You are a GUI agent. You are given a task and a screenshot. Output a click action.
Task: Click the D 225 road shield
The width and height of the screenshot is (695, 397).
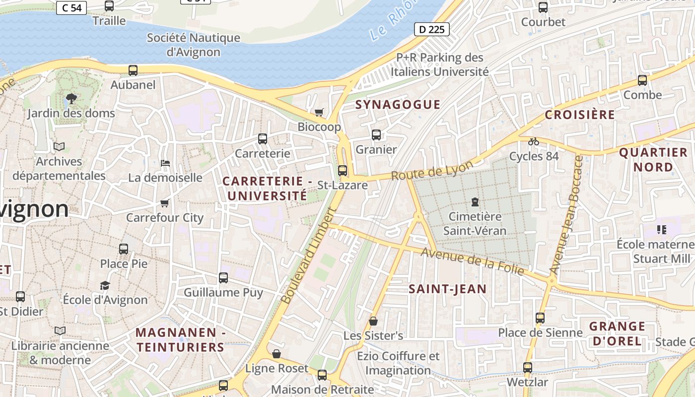pyautogui.click(x=431, y=29)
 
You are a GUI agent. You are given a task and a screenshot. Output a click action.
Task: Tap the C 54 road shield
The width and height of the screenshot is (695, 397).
pyautogui.click(x=71, y=7)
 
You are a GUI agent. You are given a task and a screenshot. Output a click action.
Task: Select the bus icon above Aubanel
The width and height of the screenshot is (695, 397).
pyautogui.click(x=133, y=70)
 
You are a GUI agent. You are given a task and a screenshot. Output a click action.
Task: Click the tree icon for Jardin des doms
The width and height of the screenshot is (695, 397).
pyautogui.click(x=71, y=98)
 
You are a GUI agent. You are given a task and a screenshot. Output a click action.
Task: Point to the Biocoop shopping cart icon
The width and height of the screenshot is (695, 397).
pyautogui.click(x=319, y=112)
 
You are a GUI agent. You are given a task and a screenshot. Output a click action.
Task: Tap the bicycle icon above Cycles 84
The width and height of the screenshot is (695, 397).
pyautogui.click(x=533, y=141)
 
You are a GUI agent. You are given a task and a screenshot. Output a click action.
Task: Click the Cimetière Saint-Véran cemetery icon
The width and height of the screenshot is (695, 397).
pyautogui.click(x=475, y=202)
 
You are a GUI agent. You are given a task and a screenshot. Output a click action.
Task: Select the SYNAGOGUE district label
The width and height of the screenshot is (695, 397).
pyautogui.click(x=398, y=104)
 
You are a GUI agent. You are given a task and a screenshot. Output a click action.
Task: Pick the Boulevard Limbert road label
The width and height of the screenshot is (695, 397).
pyautogui.click(x=309, y=256)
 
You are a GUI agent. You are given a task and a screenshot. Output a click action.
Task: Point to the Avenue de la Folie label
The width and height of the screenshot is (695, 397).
pyautogui.click(x=472, y=262)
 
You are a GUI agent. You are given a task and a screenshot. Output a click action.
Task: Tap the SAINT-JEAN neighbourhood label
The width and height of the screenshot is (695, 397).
pyautogui.click(x=447, y=289)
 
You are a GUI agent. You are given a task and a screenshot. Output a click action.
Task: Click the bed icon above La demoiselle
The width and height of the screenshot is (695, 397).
pyautogui.click(x=165, y=163)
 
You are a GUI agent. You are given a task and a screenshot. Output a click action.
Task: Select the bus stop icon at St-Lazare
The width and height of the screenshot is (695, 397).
pyautogui.click(x=342, y=171)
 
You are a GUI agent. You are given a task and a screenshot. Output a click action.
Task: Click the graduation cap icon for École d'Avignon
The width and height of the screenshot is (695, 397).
pyautogui.click(x=105, y=285)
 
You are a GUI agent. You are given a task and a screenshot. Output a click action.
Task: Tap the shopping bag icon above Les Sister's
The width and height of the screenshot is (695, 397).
pyautogui.click(x=373, y=321)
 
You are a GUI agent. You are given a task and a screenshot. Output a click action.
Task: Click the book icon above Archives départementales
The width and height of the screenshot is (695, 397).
pyautogui.click(x=59, y=147)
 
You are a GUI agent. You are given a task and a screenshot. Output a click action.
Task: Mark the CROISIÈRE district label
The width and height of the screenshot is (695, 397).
pyautogui.click(x=580, y=115)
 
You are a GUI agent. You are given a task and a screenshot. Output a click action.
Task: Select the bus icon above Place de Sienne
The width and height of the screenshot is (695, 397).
pyautogui.click(x=540, y=318)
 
